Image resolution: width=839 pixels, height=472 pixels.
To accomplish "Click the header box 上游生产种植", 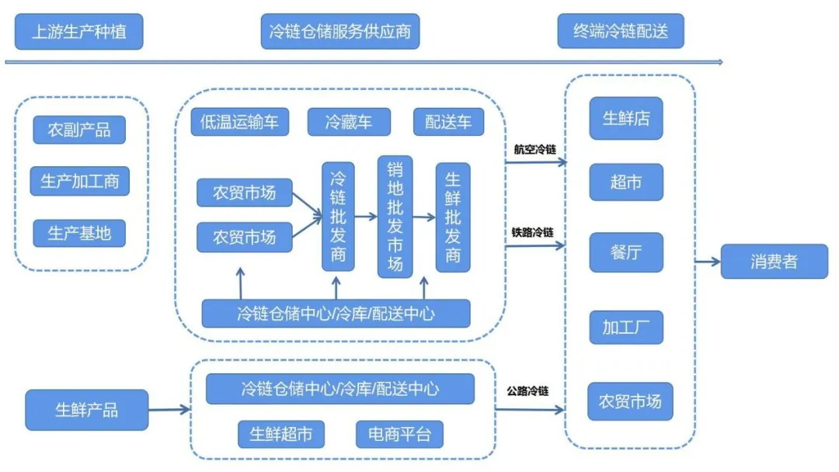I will coord(78,32).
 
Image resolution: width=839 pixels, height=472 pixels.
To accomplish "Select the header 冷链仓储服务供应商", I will coord(339,32).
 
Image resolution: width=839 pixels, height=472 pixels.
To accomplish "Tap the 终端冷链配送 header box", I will coord(621,32).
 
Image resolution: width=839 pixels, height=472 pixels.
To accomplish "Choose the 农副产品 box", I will coord(79,130).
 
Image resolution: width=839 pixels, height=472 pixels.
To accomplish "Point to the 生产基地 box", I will coord(79,233).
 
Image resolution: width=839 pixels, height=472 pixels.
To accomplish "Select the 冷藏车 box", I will coord(348,122).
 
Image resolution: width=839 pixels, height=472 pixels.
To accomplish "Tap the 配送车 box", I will coord(448,122).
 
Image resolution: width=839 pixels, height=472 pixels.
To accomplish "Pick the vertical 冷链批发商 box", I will coord(338,217).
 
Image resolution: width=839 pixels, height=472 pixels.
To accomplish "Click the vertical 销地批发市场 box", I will coord(395,217).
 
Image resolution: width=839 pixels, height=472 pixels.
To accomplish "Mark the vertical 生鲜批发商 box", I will coord(453,217).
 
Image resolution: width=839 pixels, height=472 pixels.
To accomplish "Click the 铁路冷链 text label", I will coord(532,232).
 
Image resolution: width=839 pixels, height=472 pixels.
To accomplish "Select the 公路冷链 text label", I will coord(527,391).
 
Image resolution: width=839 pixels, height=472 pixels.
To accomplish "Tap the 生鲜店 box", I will coord(626,118).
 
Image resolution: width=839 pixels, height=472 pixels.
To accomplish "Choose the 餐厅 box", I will coord(626,252).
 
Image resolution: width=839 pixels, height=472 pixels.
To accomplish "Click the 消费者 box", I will coord(774,262).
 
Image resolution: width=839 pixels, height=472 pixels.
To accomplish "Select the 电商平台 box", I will coord(399,434).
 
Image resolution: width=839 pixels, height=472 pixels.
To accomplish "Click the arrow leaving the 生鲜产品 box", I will coord(169,410).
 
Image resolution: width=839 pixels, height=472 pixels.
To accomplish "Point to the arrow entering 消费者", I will coord(708,262).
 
